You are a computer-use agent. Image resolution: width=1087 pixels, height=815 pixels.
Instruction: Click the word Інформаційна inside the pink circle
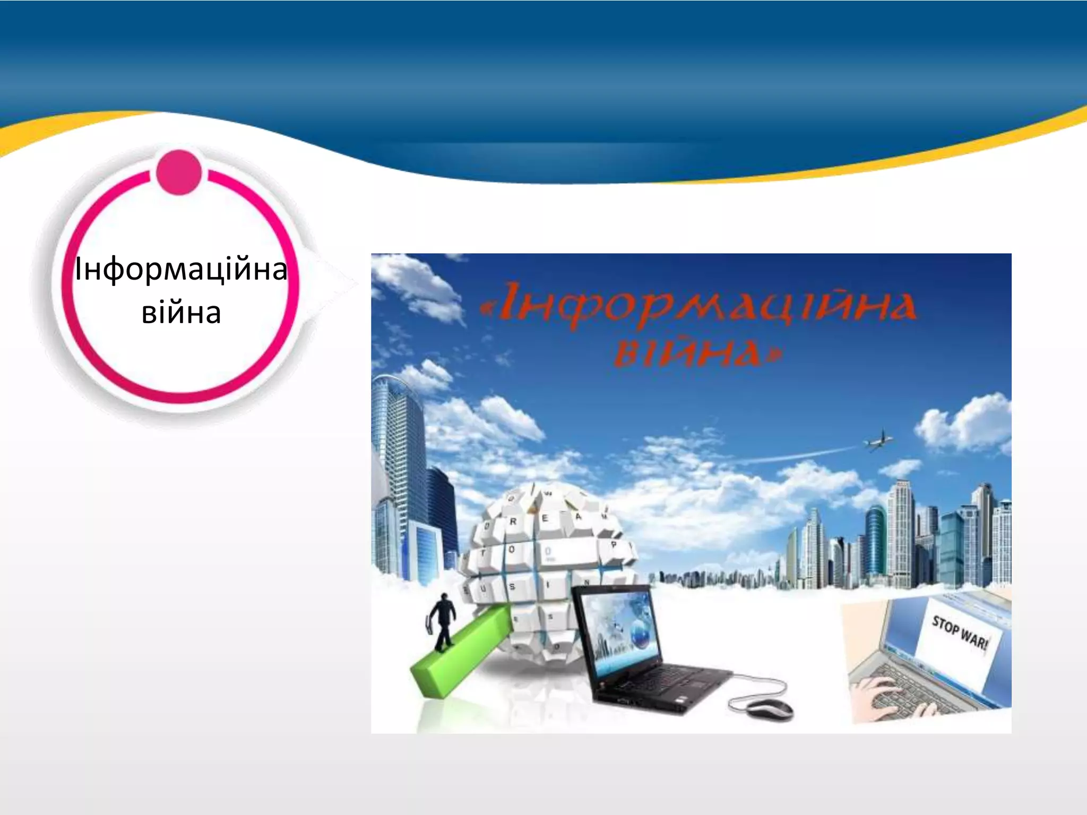pos(181,269)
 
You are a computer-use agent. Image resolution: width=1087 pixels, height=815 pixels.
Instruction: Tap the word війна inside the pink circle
pos(181,313)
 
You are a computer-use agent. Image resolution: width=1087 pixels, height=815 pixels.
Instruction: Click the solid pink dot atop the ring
pos(179,172)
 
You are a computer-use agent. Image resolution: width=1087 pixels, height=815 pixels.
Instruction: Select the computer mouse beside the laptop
pos(770,709)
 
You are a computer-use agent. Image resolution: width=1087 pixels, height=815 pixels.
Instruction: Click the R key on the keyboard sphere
pos(513,522)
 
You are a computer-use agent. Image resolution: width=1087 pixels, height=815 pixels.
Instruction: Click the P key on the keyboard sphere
pos(613,545)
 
